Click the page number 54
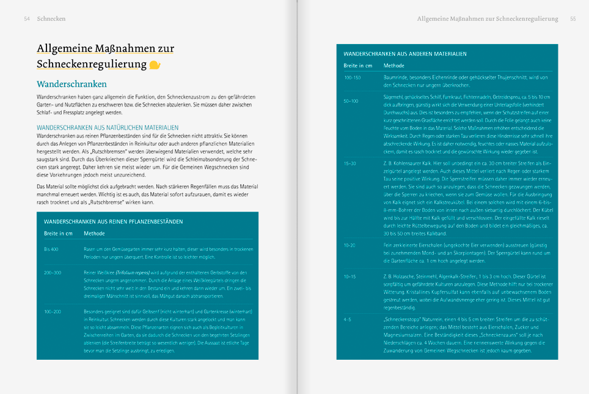coord(27,19)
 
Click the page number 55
coord(573,19)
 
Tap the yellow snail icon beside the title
coord(155,64)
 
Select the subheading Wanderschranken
coord(71,84)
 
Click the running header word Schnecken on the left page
coord(51,19)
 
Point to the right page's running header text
coord(487,19)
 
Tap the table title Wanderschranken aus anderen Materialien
coord(401,54)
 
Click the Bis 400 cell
coord(51,249)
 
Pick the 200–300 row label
coord(53,272)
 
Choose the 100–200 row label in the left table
coord(53,312)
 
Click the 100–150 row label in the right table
coord(353,78)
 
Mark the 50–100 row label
coord(351,100)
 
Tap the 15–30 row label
coord(349,163)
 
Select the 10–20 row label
coord(349,245)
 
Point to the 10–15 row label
coord(349,277)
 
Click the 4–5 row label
coord(347,319)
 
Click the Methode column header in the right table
coord(394,65)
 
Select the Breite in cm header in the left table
coord(58,233)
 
